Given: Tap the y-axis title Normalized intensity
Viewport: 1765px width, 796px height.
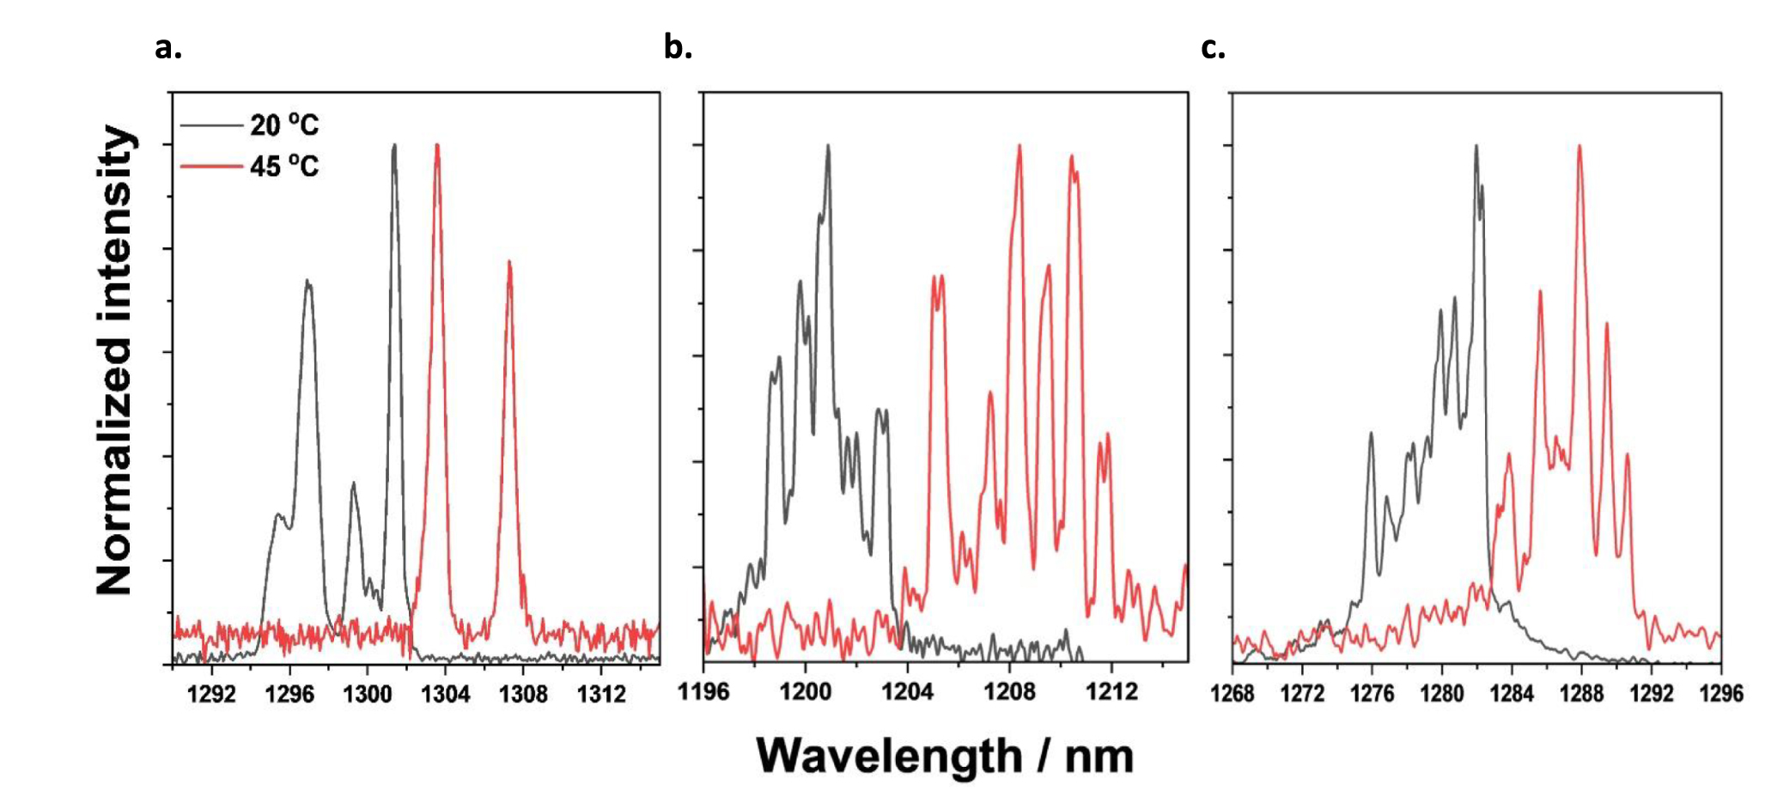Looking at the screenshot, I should click(116, 361).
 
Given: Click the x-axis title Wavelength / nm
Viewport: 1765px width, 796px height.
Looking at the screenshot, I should click(945, 757).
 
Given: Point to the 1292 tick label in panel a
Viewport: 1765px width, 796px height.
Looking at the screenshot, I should click(211, 694).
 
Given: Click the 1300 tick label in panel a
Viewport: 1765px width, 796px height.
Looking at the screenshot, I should click(368, 694).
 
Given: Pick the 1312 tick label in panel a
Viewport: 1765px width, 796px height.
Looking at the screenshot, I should click(601, 694).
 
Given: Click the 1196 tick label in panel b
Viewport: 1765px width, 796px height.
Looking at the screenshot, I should click(703, 691).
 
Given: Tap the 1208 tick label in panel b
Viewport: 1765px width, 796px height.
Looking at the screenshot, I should click(1009, 691).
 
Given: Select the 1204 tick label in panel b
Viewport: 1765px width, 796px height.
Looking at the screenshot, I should click(907, 691).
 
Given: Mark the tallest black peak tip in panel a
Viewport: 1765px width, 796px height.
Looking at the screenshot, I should click(394, 145).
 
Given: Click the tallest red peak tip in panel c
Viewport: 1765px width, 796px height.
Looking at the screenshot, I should click(1579, 146).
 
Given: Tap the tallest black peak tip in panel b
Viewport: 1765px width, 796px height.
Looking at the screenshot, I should click(828, 145).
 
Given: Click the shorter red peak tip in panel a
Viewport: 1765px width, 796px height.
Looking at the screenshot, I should click(509, 262).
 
